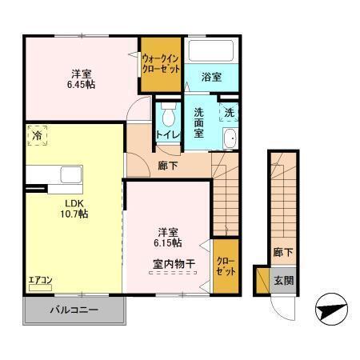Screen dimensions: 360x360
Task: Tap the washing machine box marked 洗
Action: tap(229, 113)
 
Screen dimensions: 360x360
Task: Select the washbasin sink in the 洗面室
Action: tap(230, 138)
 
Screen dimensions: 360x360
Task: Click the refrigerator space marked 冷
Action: tap(37, 137)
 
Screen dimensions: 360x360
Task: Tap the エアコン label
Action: tap(40, 281)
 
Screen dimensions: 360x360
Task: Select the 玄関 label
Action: tap(282, 281)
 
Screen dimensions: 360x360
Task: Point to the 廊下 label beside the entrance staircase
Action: tap(282, 251)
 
